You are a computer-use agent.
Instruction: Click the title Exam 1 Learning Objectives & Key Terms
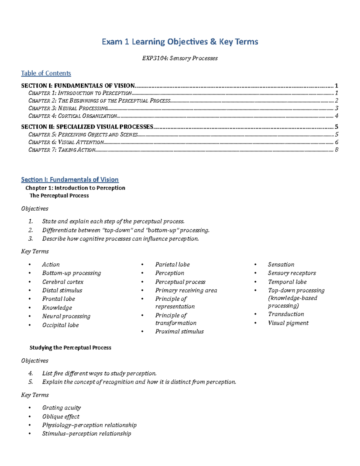pyautogui.click(x=180, y=41)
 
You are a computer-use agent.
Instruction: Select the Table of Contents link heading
pyautogui.click(x=46, y=73)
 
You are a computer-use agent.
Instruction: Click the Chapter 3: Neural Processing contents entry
pyautogui.click(x=68, y=108)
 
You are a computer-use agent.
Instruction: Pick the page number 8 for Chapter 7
pyautogui.click(x=337, y=150)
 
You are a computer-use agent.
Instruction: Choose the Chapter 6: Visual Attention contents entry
pyautogui.click(x=66, y=142)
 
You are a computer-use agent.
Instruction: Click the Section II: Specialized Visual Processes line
pyautogui.click(x=87, y=127)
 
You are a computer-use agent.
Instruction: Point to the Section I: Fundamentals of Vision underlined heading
pyautogui.click(x=70, y=179)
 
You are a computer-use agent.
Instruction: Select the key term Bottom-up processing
pyautogui.click(x=71, y=273)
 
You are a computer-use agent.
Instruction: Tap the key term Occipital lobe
pyautogui.click(x=60, y=325)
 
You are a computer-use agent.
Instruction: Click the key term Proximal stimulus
pyautogui.click(x=179, y=332)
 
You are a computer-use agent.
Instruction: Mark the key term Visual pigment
pyautogui.click(x=288, y=323)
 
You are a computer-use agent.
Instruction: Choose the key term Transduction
pyautogui.click(x=286, y=314)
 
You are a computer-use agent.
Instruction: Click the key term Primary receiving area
pyautogui.click(x=186, y=290)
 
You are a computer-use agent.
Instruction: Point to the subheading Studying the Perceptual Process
pyautogui.click(x=70, y=347)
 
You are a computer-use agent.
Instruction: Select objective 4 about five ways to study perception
pyautogui.click(x=99, y=373)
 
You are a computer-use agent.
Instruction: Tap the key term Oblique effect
pyautogui.click(x=61, y=416)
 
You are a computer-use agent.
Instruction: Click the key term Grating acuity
pyautogui.click(x=61, y=408)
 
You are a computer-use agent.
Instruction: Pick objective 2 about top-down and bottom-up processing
pyautogui.click(x=125, y=230)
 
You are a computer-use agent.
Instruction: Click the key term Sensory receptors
pyautogui.click(x=292, y=273)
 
